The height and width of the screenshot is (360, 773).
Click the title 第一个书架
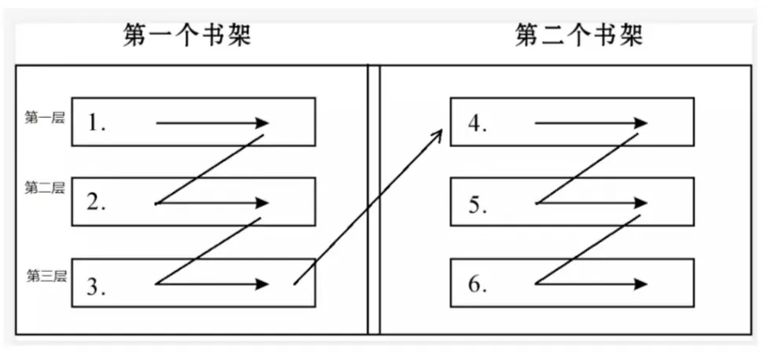click(x=187, y=35)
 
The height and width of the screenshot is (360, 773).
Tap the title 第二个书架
click(x=579, y=35)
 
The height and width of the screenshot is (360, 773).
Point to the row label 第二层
click(x=44, y=187)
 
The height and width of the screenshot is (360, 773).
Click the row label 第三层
click(x=46, y=275)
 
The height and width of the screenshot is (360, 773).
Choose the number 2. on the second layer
click(x=97, y=203)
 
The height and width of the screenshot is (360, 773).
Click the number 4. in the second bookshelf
click(x=477, y=123)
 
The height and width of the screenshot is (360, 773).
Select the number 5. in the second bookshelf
click(x=477, y=204)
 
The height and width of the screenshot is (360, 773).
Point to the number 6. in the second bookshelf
click(x=478, y=284)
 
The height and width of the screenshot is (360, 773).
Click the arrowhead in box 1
click(x=262, y=123)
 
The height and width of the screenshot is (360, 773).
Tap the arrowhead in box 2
click(x=262, y=203)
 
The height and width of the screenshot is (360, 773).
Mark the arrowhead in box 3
click(x=262, y=285)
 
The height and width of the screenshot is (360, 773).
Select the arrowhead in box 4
click(x=641, y=123)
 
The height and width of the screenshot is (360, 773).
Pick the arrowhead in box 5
click(x=641, y=203)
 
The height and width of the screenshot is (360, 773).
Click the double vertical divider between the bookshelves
click(x=373, y=200)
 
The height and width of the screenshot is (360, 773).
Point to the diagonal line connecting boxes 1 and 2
click(x=211, y=169)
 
